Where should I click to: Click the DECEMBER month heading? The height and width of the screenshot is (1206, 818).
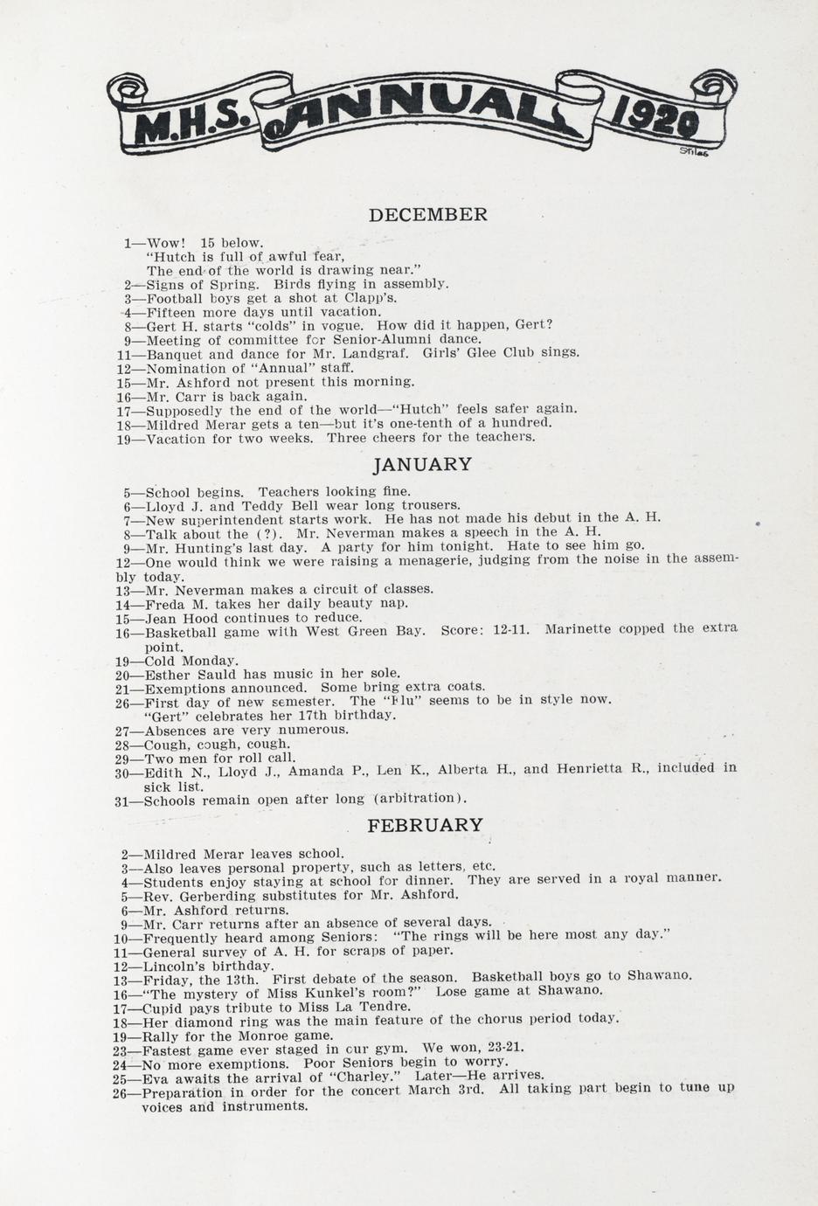click(427, 215)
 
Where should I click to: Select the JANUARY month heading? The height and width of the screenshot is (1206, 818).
click(423, 465)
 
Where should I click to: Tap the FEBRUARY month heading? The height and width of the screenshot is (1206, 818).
click(425, 825)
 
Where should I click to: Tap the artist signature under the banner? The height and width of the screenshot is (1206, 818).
click(692, 151)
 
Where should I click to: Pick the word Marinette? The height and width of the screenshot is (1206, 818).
click(583, 629)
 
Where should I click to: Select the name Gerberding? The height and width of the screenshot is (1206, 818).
click(219, 895)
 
